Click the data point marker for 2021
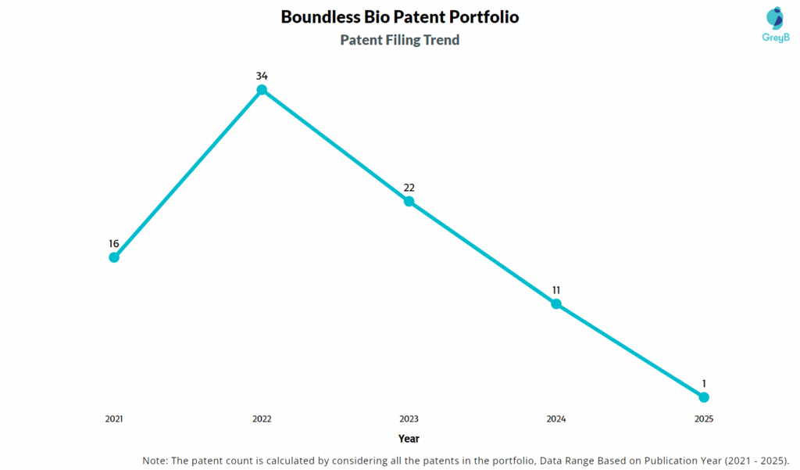point(114,257)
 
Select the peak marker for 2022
point(262,90)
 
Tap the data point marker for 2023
point(409,201)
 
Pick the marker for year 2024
point(556,303)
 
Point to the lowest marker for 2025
point(703,397)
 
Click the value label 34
point(262,76)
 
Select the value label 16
point(114,243)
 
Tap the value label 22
point(409,187)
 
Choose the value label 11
point(556,289)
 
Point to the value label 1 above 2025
point(704,383)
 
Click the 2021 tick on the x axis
point(114,419)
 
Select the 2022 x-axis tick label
point(262,419)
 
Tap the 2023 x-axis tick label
point(409,419)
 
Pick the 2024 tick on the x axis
point(556,419)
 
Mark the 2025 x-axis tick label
point(704,419)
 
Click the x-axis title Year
point(409,439)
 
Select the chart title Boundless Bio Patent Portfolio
point(400,17)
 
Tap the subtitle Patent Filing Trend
point(400,40)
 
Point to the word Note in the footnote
point(155,460)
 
